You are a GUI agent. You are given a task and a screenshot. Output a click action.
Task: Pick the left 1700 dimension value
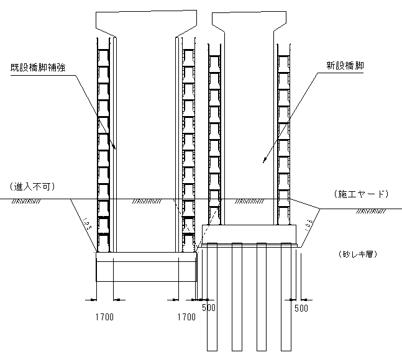click(104, 317)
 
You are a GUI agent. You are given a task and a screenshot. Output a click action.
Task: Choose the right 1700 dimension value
click(186, 317)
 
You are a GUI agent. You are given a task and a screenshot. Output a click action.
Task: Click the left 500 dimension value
click(209, 307)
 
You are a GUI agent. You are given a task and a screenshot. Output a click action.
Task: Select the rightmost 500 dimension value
click(301, 307)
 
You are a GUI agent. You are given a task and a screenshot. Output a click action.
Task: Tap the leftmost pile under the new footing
click(211, 298)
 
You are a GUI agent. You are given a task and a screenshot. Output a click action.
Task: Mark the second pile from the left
click(236, 298)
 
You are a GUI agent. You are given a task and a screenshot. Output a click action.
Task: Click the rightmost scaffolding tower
click(284, 137)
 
